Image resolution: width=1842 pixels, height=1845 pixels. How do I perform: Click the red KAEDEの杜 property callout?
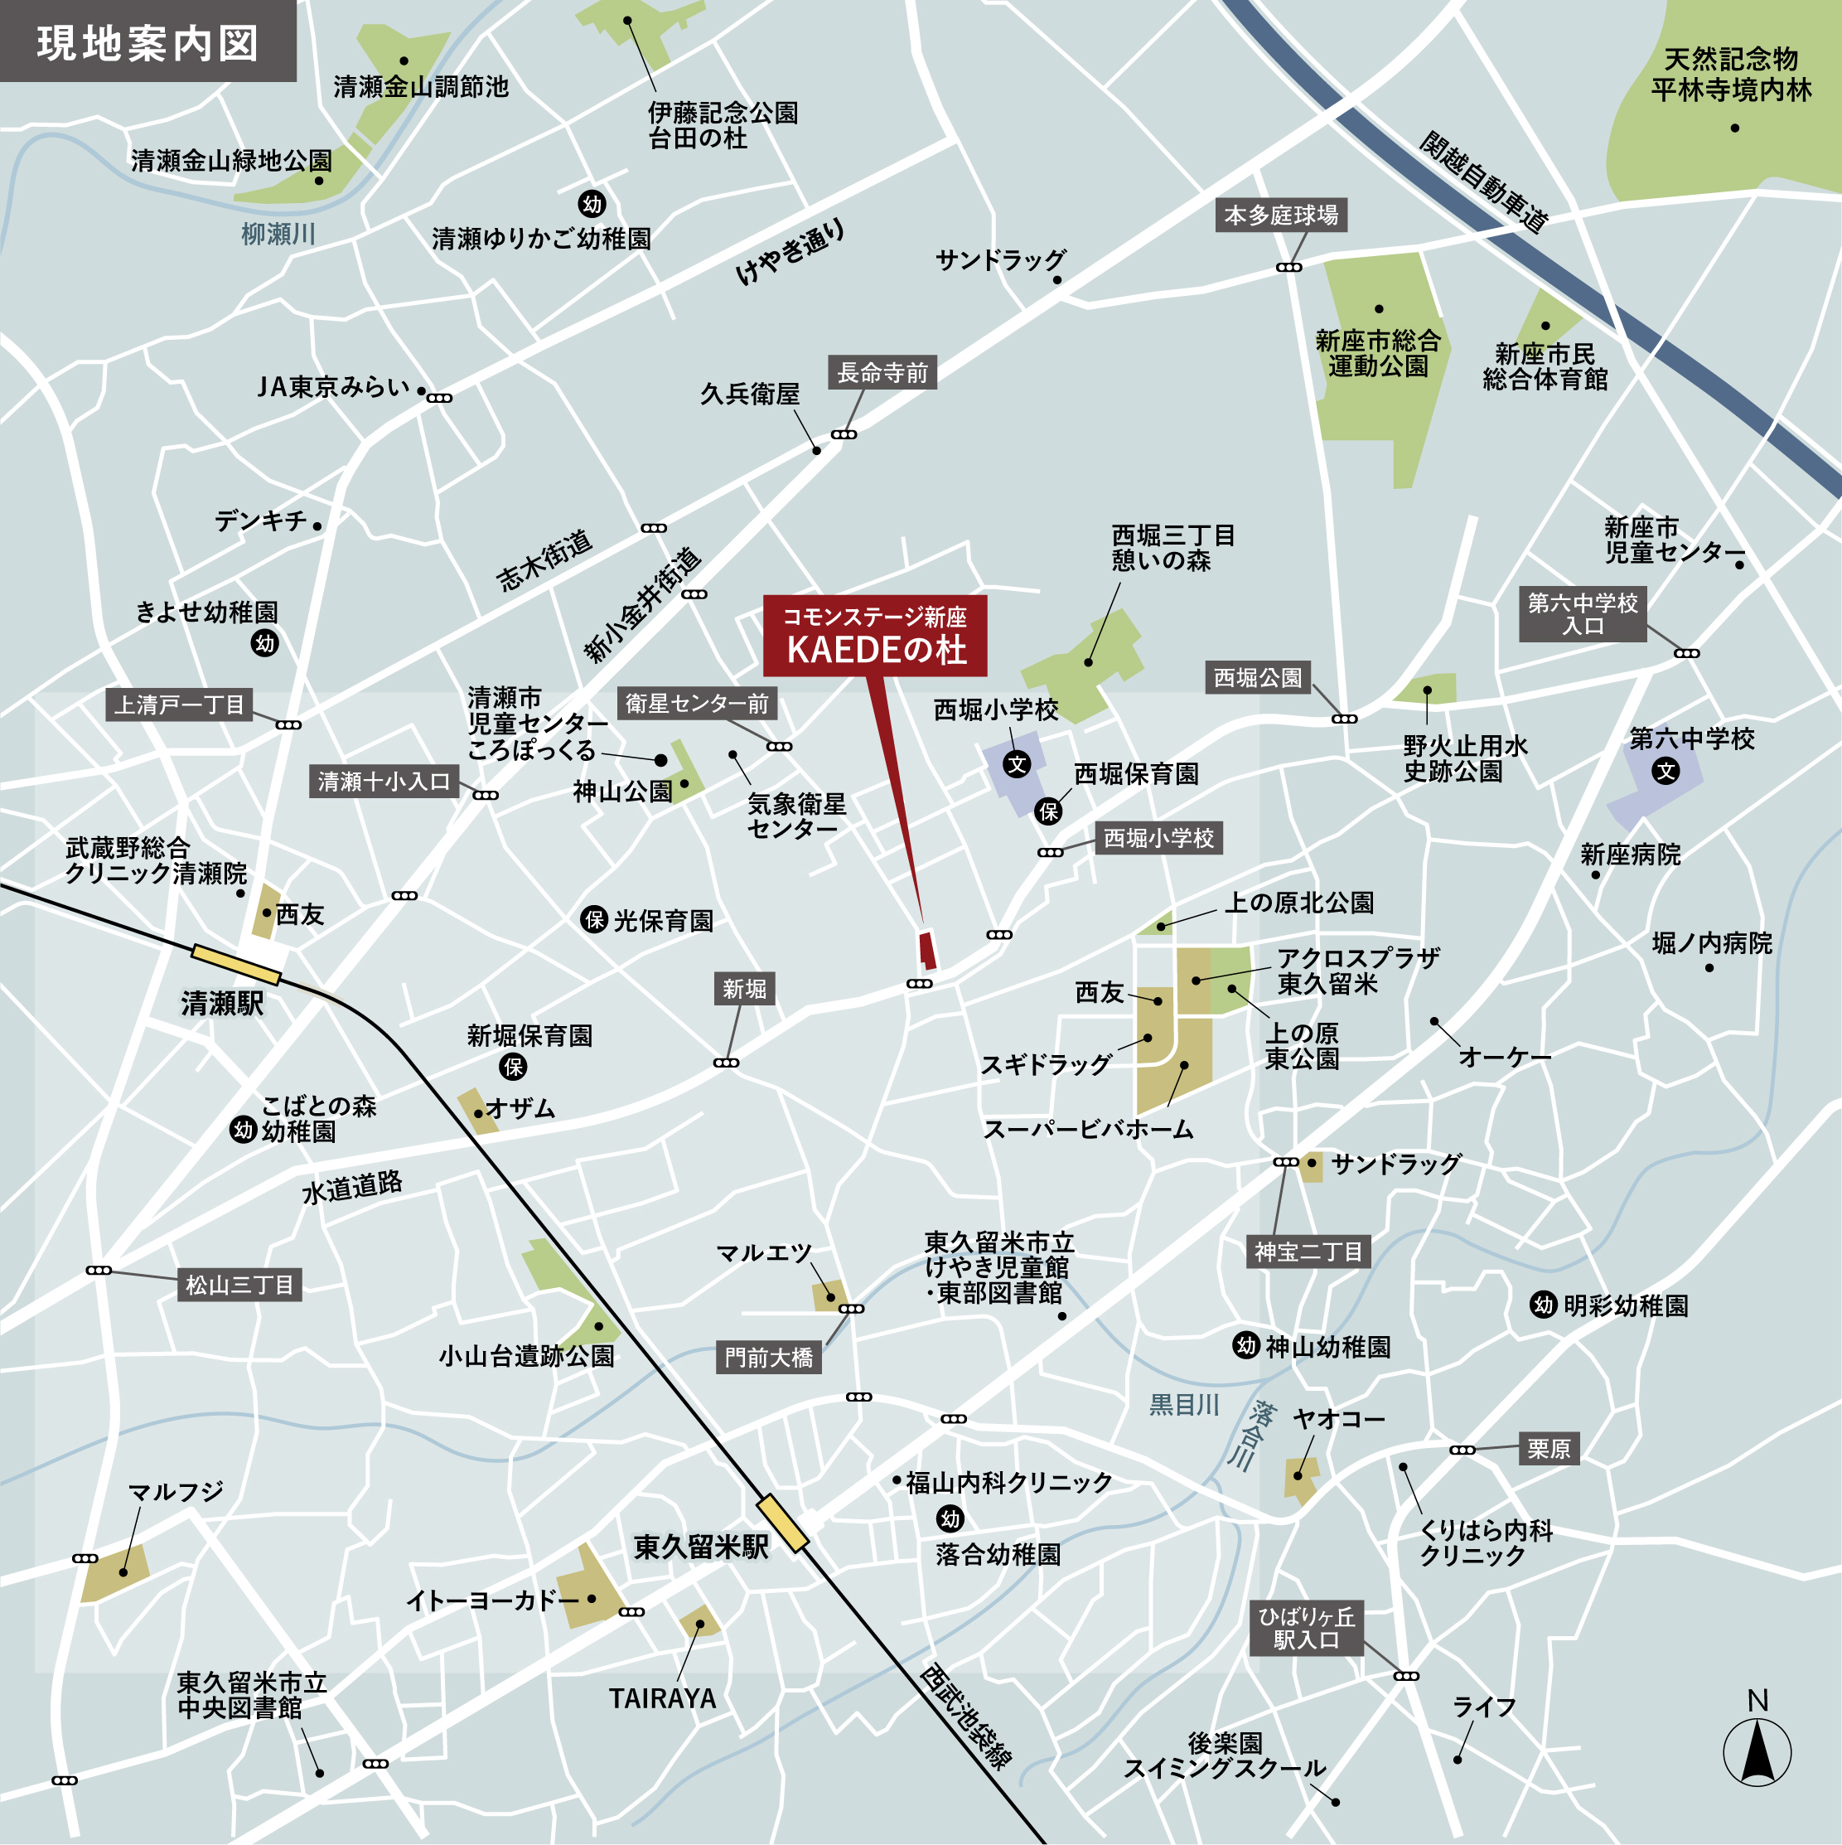click(x=875, y=636)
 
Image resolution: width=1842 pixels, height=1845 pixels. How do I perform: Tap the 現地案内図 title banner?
click(x=148, y=42)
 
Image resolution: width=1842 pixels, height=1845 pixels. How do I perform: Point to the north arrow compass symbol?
click(x=1757, y=1751)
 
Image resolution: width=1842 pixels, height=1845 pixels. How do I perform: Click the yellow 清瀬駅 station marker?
click(x=236, y=964)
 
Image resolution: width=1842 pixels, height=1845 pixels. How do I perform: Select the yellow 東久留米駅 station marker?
click(x=782, y=1523)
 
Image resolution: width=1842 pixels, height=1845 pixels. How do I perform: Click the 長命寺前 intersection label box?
click(x=882, y=372)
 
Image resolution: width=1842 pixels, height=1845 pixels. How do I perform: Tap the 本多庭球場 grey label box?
click(x=1280, y=215)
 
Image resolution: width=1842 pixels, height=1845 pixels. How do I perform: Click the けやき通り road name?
click(x=790, y=251)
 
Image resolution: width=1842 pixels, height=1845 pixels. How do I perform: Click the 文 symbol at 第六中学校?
click(x=1666, y=771)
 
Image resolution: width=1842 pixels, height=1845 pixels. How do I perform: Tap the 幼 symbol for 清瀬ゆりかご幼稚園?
click(x=592, y=203)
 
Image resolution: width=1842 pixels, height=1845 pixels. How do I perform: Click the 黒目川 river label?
click(x=1183, y=1404)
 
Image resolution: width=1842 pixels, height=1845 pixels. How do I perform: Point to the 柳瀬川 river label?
click(x=277, y=234)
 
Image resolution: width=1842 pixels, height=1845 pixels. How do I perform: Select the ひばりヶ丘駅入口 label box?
click(x=1306, y=1628)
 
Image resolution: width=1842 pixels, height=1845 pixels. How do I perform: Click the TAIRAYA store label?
click(x=663, y=1698)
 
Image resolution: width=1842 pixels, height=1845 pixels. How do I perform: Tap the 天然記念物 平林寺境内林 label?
click(x=1730, y=75)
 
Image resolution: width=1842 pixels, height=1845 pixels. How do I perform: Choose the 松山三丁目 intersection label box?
click(x=239, y=1285)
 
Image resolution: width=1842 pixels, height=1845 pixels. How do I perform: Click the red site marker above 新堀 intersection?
click(x=926, y=950)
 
